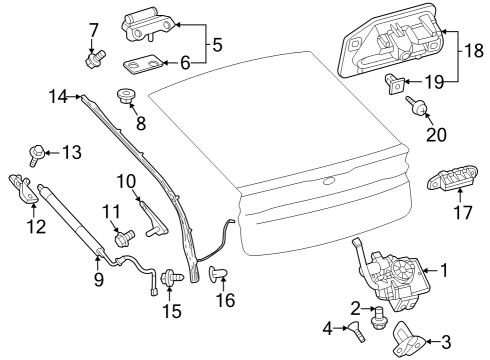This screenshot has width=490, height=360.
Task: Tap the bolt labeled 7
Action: click(97, 60)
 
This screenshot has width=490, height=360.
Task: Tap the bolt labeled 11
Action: click(125, 237)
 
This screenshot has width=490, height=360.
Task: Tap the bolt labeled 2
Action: click(379, 320)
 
